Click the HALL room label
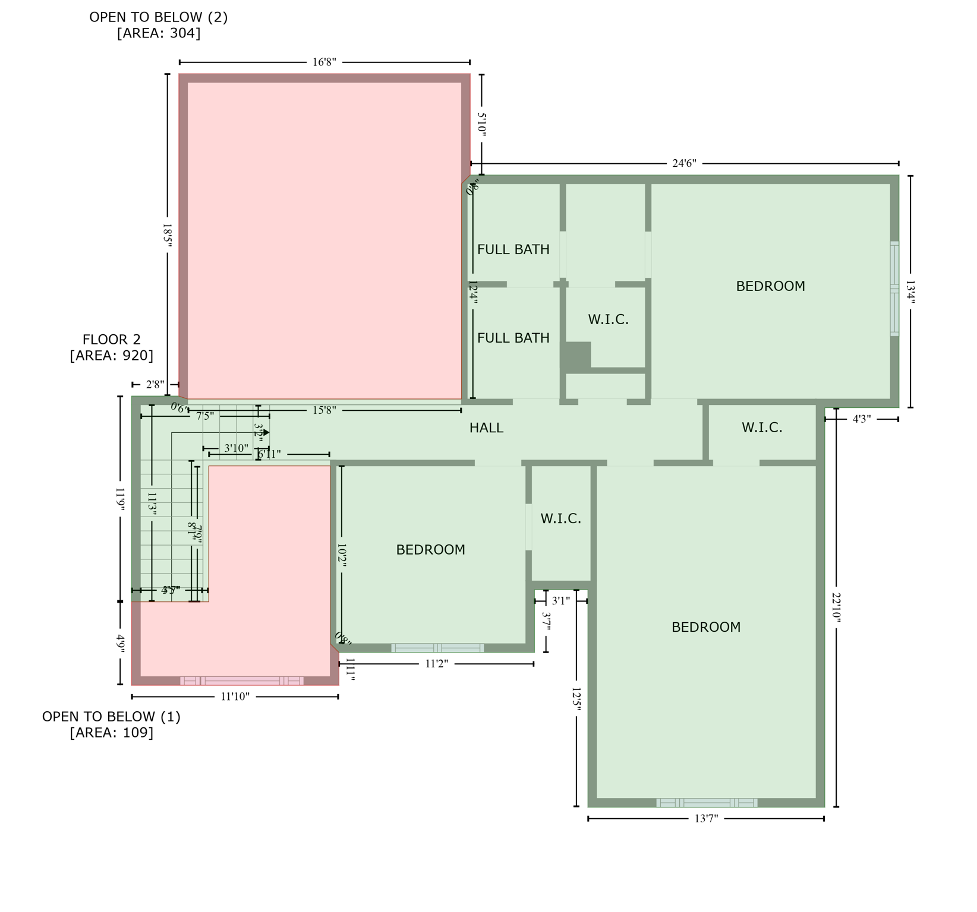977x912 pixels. point(486,428)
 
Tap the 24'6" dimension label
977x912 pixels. point(684,163)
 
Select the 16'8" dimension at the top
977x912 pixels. point(324,62)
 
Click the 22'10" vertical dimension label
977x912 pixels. point(836,607)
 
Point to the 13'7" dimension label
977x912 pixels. point(706,819)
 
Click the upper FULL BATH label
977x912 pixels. point(513,250)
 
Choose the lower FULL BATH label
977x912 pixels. point(513,338)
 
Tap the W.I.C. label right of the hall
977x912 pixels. point(762,428)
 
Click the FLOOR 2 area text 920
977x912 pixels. point(112,356)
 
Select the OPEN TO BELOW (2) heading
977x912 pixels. point(159,17)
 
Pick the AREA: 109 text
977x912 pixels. point(112,733)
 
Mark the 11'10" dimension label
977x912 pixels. point(235,696)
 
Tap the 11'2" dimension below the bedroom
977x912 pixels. point(436,664)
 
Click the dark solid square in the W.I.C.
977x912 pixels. point(578,356)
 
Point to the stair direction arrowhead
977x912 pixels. point(266,432)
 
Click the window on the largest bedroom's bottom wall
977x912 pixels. point(707,803)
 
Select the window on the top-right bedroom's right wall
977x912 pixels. point(894,289)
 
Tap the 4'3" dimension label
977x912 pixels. point(862,419)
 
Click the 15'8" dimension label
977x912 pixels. point(324,410)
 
